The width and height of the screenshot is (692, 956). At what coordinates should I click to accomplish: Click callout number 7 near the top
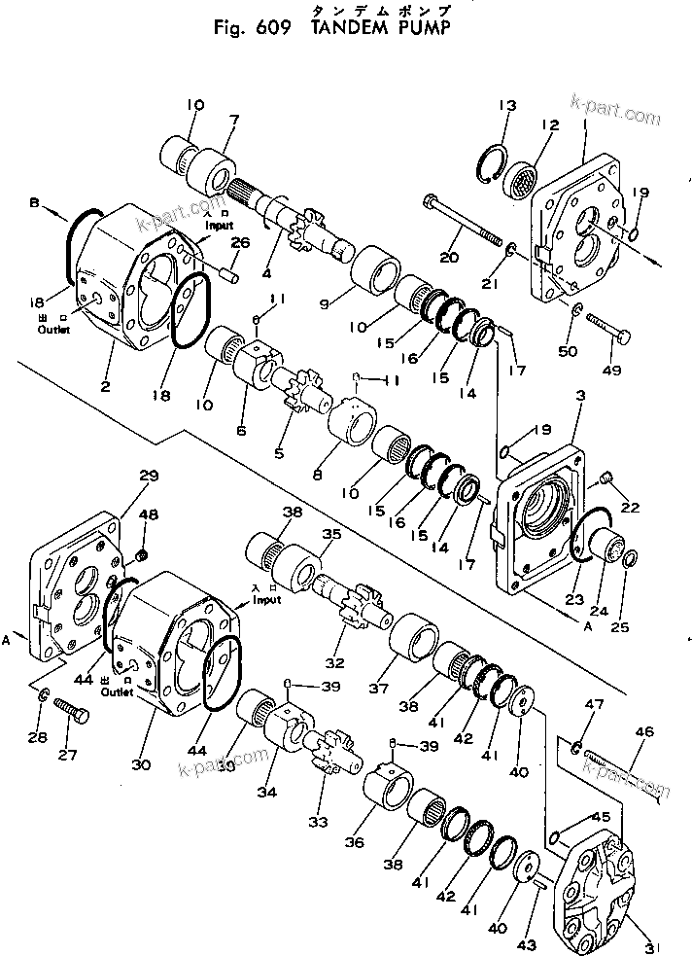[x=232, y=120]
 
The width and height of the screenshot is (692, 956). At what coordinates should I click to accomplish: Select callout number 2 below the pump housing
[x=105, y=386]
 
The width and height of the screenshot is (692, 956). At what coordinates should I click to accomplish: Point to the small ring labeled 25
[x=629, y=557]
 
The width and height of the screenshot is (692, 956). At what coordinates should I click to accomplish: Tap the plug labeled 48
[x=142, y=555]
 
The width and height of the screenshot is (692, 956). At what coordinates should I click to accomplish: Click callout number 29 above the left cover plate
[x=148, y=476]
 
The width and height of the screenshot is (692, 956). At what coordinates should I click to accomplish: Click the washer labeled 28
[x=44, y=696]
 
